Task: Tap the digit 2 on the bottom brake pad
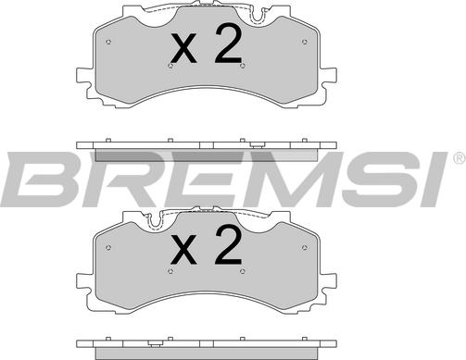[x=228, y=245]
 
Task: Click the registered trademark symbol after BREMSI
[x=460, y=158]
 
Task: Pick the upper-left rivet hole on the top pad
[x=108, y=42]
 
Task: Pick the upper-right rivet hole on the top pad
[x=305, y=42]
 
